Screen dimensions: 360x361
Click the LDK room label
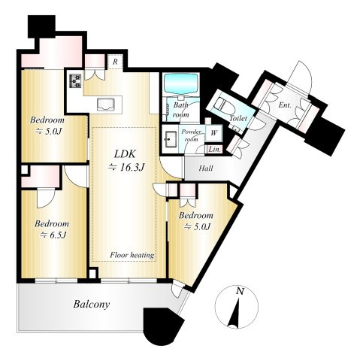[x=125, y=154]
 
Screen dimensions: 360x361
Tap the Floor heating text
[x=132, y=255]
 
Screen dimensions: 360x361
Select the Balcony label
[x=92, y=305]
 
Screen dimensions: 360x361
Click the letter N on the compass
[x=240, y=291]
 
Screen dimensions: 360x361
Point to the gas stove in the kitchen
[x=75, y=81]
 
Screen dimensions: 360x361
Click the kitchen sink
[x=105, y=105]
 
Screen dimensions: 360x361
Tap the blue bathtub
[x=182, y=83]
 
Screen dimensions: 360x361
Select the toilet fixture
[x=225, y=105]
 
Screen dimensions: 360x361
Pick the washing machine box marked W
[x=213, y=133]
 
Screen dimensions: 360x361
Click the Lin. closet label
[x=215, y=150]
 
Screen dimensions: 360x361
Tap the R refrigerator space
[x=115, y=62]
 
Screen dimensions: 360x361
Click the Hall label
[x=206, y=168]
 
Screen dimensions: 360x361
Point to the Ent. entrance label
[x=285, y=105]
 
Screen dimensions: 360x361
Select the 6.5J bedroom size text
[x=53, y=235]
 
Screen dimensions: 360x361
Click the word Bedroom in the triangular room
[x=196, y=215]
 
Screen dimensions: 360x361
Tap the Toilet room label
[x=238, y=118]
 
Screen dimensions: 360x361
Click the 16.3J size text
[x=127, y=167]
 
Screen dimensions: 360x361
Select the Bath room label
[x=181, y=110]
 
